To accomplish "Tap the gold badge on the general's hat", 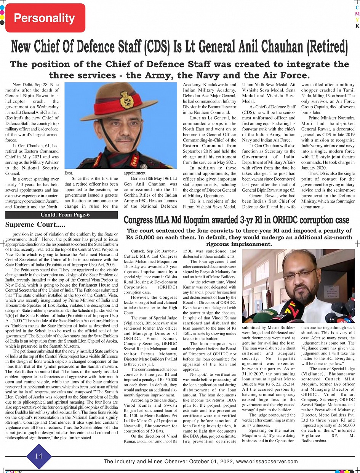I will [x=126, y=100].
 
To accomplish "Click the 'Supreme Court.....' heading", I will [x=35, y=224].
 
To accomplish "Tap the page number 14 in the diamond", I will [x=38, y=456].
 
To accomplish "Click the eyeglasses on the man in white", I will [x=299, y=273].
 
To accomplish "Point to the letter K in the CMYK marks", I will [x=357, y=26].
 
